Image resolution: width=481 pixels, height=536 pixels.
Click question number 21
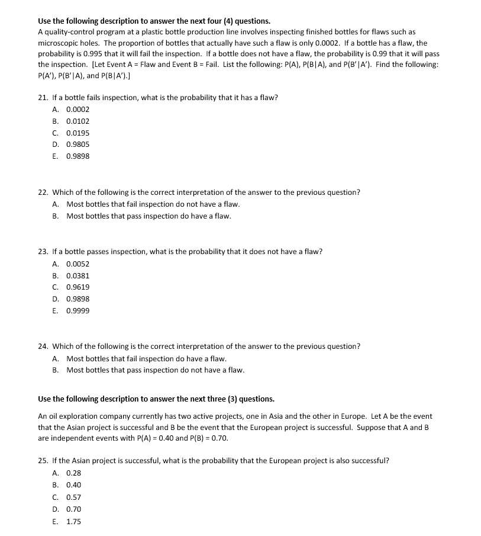click(43, 98)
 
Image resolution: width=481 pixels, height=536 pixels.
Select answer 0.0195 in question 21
click(78, 133)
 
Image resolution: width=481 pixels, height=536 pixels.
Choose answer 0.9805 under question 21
click(78, 145)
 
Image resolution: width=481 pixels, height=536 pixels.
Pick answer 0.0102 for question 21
click(78, 121)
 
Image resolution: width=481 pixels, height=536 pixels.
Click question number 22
click(43, 192)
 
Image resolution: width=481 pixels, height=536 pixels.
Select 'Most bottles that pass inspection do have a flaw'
click(149, 216)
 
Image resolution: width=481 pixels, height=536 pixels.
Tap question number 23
click(43, 252)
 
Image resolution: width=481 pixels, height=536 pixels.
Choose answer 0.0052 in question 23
click(78, 264)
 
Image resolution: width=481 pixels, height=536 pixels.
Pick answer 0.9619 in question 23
click(78, 287)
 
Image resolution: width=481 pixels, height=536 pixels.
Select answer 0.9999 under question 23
click(78, 311)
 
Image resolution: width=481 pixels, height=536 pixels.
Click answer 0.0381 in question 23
click(78, 276)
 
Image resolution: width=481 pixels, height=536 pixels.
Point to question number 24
click(43, 346)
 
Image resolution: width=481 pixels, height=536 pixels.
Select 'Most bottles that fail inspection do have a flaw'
click(146, 358)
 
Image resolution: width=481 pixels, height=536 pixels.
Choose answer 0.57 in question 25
click(73, 498)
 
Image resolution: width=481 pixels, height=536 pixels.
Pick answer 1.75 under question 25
click(73, 522)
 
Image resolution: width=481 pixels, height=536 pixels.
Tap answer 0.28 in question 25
click(73, 473)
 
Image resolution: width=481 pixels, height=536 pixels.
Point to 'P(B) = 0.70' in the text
click(208, 438)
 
